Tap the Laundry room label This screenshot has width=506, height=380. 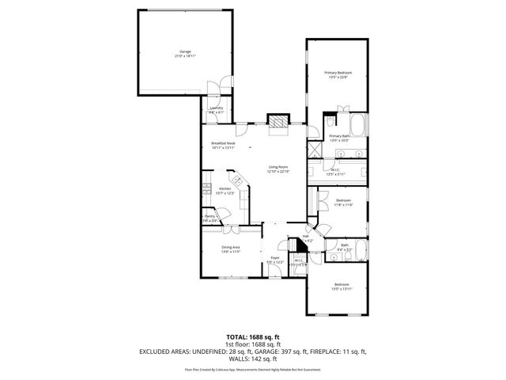pyautogui.click(x=216, y=110)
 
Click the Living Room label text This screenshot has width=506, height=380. pyautogui.click(x=278, y=169)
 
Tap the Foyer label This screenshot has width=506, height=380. pyautogui.click(x=275, y=260)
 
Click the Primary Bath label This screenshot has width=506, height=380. pyautogui.click(x=339, y=138)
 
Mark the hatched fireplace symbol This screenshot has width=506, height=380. pyautogui.click(x=278, y=122)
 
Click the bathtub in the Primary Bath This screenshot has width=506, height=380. pyautogui.click(x=357, y=124)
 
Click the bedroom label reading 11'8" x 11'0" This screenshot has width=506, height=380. pyautogui.click(x=342, y=203)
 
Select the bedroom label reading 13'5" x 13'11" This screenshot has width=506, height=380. pyautogui.click(x=341, y=287)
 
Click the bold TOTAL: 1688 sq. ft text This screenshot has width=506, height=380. pyautogui.click(x=252, y=336)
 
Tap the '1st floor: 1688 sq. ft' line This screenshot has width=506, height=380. pyautogui.click(x=252, y=344)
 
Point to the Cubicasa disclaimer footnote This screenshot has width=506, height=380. pyautogui.click(x=252, y=369)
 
